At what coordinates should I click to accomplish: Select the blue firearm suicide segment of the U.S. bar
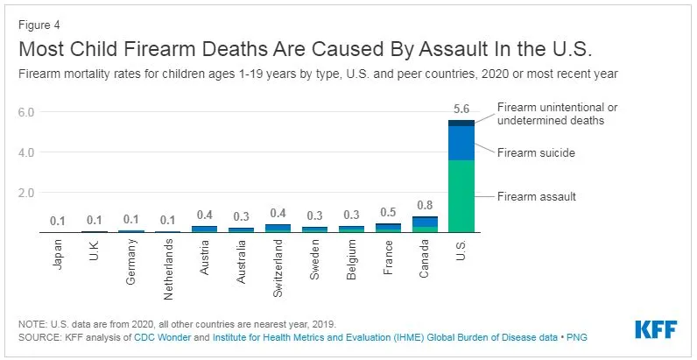tap(461, 143)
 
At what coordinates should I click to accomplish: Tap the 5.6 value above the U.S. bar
tap(461, 109)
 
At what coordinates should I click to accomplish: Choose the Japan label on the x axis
tap(58, 253)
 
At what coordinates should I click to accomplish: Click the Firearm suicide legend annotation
tap(536, 152)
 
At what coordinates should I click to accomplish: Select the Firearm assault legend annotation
tap(537, 196)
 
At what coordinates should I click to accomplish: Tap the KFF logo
tap(657, 330)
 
